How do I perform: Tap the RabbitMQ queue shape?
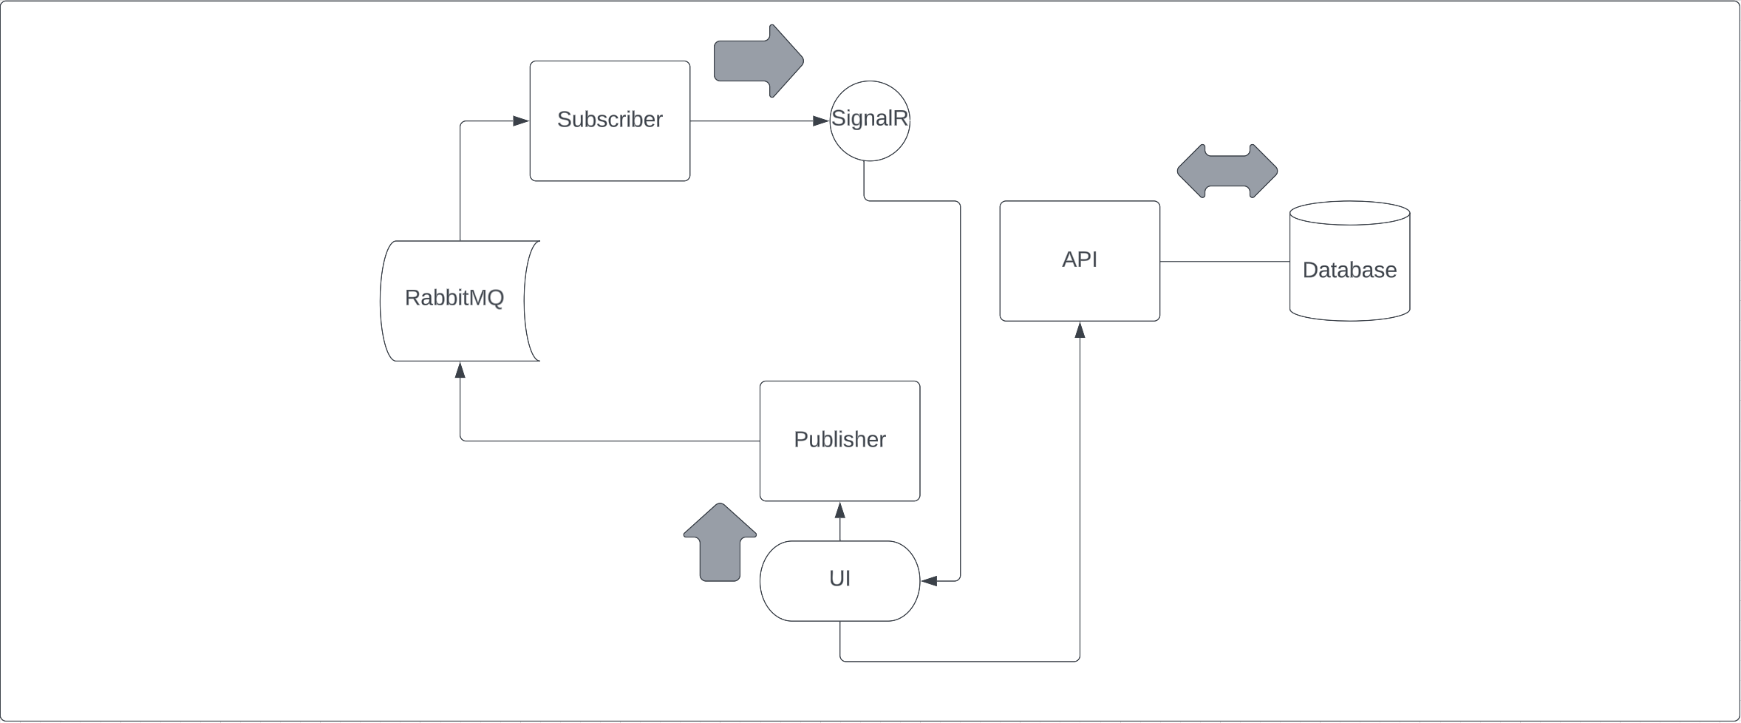coord(454,325)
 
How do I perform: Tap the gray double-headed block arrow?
coord(1227,171)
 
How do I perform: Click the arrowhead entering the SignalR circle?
coord(820,120)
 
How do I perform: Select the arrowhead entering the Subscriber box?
coord(521,120)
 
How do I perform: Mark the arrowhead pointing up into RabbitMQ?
coord(460,370)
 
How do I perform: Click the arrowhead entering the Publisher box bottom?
coord(839,510)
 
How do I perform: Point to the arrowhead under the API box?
coord(1080,330)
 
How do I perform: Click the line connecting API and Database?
coord(1224,261)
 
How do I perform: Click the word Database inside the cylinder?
coord(1349,270)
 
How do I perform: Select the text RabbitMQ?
coord(454,297)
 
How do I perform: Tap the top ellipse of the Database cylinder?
coord(1349,213)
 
